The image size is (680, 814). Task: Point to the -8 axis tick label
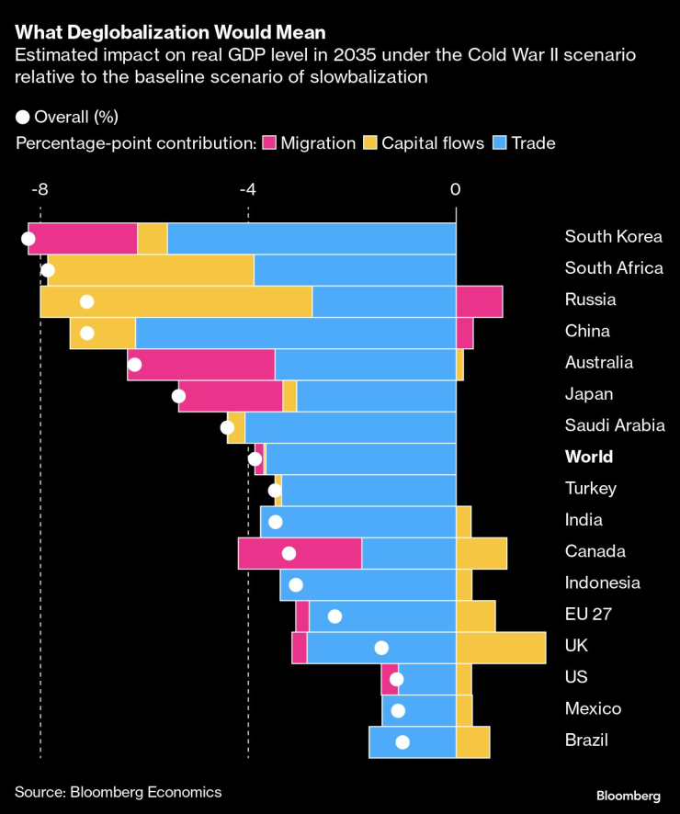40,189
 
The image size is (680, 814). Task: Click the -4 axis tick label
247,189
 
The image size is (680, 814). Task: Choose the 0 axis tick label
455,189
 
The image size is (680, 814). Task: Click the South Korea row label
613,236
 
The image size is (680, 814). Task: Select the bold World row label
589,457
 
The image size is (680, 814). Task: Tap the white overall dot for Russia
87,301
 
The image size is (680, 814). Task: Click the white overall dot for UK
381,647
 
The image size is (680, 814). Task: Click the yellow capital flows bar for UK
501,647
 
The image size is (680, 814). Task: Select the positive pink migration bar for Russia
479,301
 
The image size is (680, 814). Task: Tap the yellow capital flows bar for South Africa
152,270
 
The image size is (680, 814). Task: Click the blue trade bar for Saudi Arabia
350,427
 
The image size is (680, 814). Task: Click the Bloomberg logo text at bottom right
629,795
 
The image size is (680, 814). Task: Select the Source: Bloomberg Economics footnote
118,791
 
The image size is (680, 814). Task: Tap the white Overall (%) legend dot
23,117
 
